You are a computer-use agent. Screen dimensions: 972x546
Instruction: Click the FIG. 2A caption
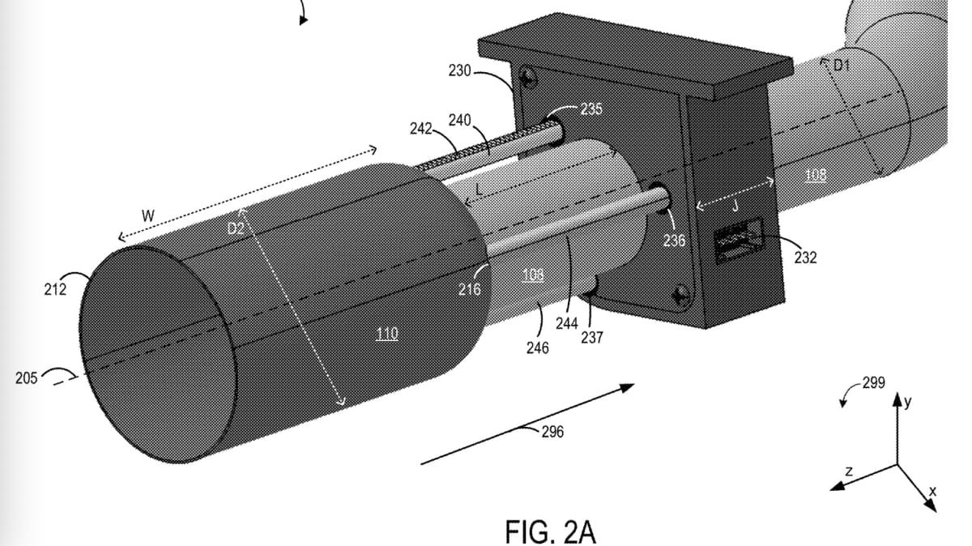click(551, 531)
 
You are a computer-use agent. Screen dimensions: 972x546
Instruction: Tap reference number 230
click(459, 70)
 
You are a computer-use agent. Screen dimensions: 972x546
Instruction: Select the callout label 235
click(591, 109)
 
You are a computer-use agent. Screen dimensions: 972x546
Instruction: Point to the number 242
click(421, 129)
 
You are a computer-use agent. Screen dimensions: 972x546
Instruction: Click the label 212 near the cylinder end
click(55, 289)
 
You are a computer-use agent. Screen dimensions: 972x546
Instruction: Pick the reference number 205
click(27, 378)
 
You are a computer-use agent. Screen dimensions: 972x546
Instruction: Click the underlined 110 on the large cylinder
click(386, 334)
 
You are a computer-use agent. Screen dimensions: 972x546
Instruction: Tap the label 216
click(470, 289)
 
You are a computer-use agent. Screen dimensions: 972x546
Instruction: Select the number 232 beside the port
click(805, 258)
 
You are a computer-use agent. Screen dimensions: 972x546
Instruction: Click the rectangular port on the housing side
click(739, 240)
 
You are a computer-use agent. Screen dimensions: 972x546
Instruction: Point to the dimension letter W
click(148, 215)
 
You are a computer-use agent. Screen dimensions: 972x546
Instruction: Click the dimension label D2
click(236, 228)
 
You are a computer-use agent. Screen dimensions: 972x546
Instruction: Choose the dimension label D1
click(842, 66)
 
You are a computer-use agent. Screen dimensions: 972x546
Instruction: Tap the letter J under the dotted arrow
click(735, 206)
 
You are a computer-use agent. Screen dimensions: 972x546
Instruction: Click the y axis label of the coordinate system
click(908, 402)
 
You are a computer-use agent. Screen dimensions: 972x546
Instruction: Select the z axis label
click(849, 471)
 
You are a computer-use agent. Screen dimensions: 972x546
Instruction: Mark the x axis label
click(932, 491)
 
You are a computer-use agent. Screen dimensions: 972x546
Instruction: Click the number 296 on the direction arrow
click(552, 432)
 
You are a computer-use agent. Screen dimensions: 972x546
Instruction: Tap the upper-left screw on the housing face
click(528, 79)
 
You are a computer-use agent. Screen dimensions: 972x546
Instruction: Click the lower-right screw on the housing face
click(680, 296)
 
